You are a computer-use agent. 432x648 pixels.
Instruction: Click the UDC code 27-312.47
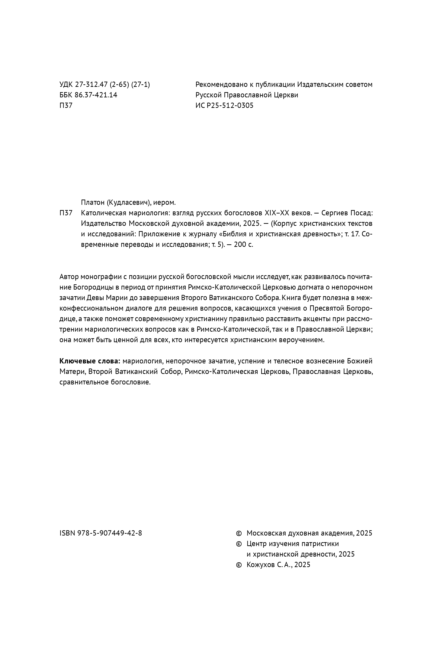(91, 85)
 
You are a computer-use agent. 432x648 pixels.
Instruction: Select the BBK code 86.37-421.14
(96, 95)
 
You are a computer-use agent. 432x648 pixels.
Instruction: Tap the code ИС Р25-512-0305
(224, 106)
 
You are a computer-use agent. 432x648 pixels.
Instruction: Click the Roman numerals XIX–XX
(276, 213)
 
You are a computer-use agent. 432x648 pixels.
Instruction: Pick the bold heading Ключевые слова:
(90, 361)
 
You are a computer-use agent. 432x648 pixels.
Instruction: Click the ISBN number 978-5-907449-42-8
(110, 533)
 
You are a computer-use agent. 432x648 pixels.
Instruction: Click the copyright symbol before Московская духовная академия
(239, 533)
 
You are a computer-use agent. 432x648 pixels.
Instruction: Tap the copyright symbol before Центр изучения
(239, 544)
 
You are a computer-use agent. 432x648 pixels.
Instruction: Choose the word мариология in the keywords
(142, 361)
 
